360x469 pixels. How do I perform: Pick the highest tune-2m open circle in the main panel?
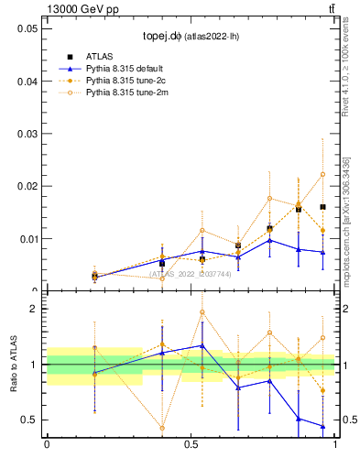coord(322,174)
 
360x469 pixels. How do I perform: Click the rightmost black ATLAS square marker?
coord(322,207)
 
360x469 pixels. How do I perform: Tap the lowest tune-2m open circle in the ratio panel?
coord(162,428)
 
